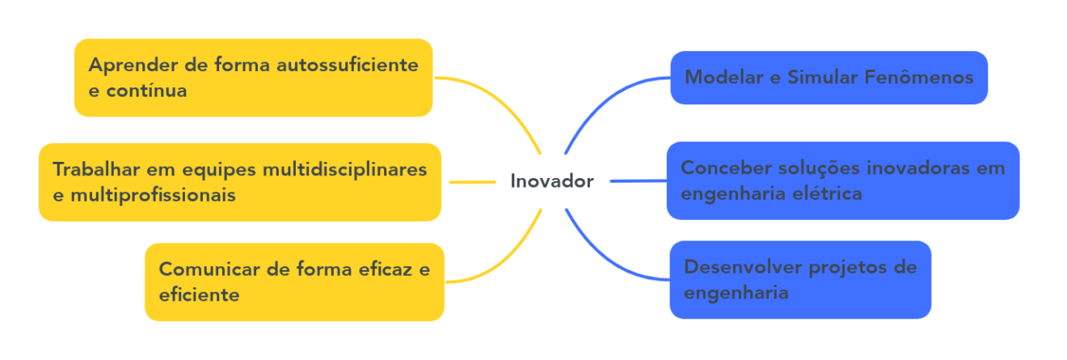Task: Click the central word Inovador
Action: pyautogui.click(x=551, y=181)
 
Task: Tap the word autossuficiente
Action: pyautogui.click(x=348, y=65)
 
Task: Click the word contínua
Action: pyautogui.click(x=146, y=91)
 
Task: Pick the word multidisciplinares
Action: pyautogui.click(x=344, y=170)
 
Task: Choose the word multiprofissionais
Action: pyautogui.click(x=153, y=196)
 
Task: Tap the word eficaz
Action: pyautogui.click(x=386, y=269)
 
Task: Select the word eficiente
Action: pyautogui.click(x=199, y=295)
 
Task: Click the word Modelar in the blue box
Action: pyautogui.click(x=724, y=77)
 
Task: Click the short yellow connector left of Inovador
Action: pyautogui.click(x=473, y=182)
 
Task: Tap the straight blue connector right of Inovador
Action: pyautogui.click(x=639, y=181)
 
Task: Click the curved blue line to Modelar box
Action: pyautogui.click(x=605, y=104)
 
